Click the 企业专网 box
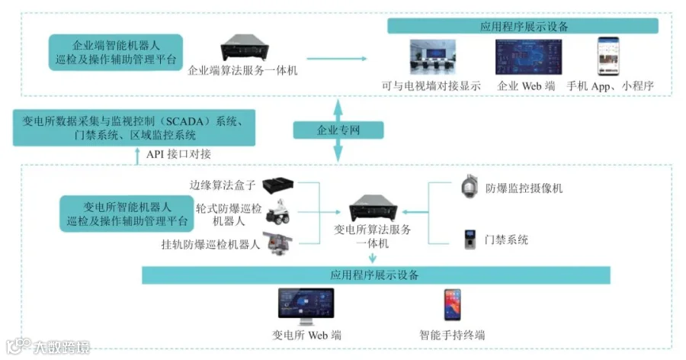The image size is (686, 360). [x=338, y=130]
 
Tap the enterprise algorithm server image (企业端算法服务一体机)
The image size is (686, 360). [x=245, y=48]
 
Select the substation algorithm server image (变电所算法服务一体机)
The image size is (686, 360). [x=373, y=208]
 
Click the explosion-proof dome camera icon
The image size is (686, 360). [x=470, y=187]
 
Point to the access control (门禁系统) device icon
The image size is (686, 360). [x=470, y=239]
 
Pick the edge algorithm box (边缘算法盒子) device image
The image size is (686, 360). [x=278, y=185]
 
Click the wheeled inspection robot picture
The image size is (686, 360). [x=278, y=211]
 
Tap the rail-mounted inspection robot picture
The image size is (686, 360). [x=277, y=244]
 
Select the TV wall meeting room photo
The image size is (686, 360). [x=432, y=57]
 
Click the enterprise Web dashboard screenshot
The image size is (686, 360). [x=528, y=57]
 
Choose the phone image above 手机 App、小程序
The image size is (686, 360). [x=608, y=56]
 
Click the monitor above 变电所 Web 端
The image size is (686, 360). [x=306, y=306]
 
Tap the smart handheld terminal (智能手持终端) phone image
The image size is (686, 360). [x=452, y=305]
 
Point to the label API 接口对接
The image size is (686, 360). [x=178, y=154]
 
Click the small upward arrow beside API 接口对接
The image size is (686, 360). [x=137, y=156]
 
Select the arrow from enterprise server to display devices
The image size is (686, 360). [x=336, y=58]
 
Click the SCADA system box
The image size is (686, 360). [x=134, y=128]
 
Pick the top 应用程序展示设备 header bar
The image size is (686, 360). [x=523, y=26]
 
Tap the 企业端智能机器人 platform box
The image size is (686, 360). [x=116, y=52]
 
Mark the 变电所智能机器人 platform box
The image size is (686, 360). [x=127, y=214]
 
